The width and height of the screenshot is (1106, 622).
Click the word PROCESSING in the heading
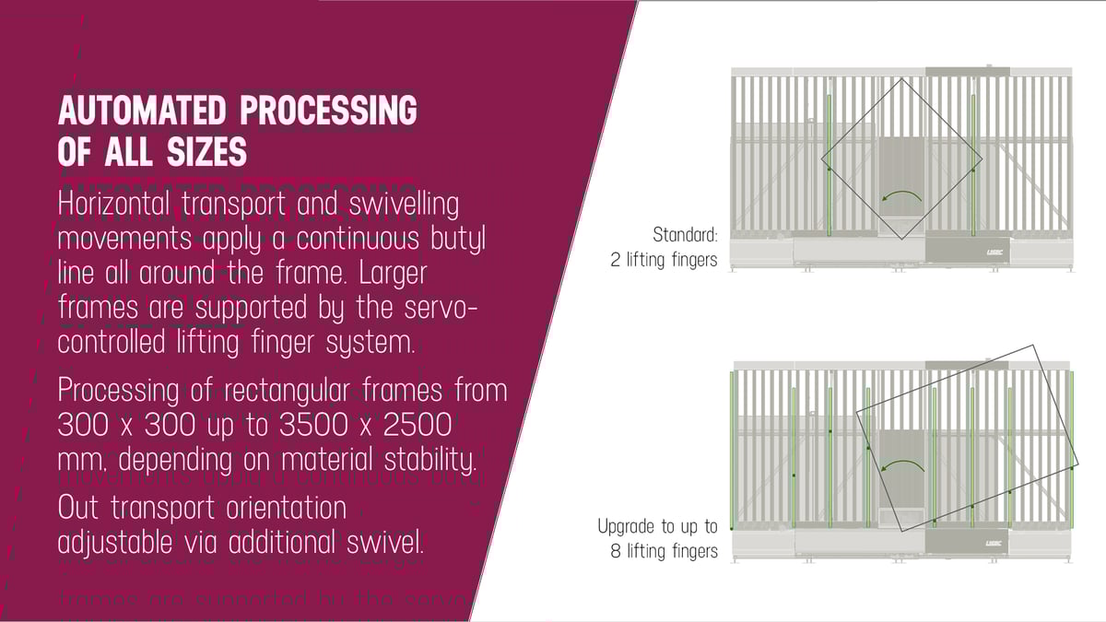click(328, 111)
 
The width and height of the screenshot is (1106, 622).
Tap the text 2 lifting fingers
click(663, 260)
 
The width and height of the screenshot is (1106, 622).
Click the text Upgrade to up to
click(656, 527)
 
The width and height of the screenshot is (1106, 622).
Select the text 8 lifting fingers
click(663, 551)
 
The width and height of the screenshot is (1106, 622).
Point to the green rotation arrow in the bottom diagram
click(901, 458)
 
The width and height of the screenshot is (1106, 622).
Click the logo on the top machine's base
click(954, 251)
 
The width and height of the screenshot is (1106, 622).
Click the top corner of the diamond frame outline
click(900, 78)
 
